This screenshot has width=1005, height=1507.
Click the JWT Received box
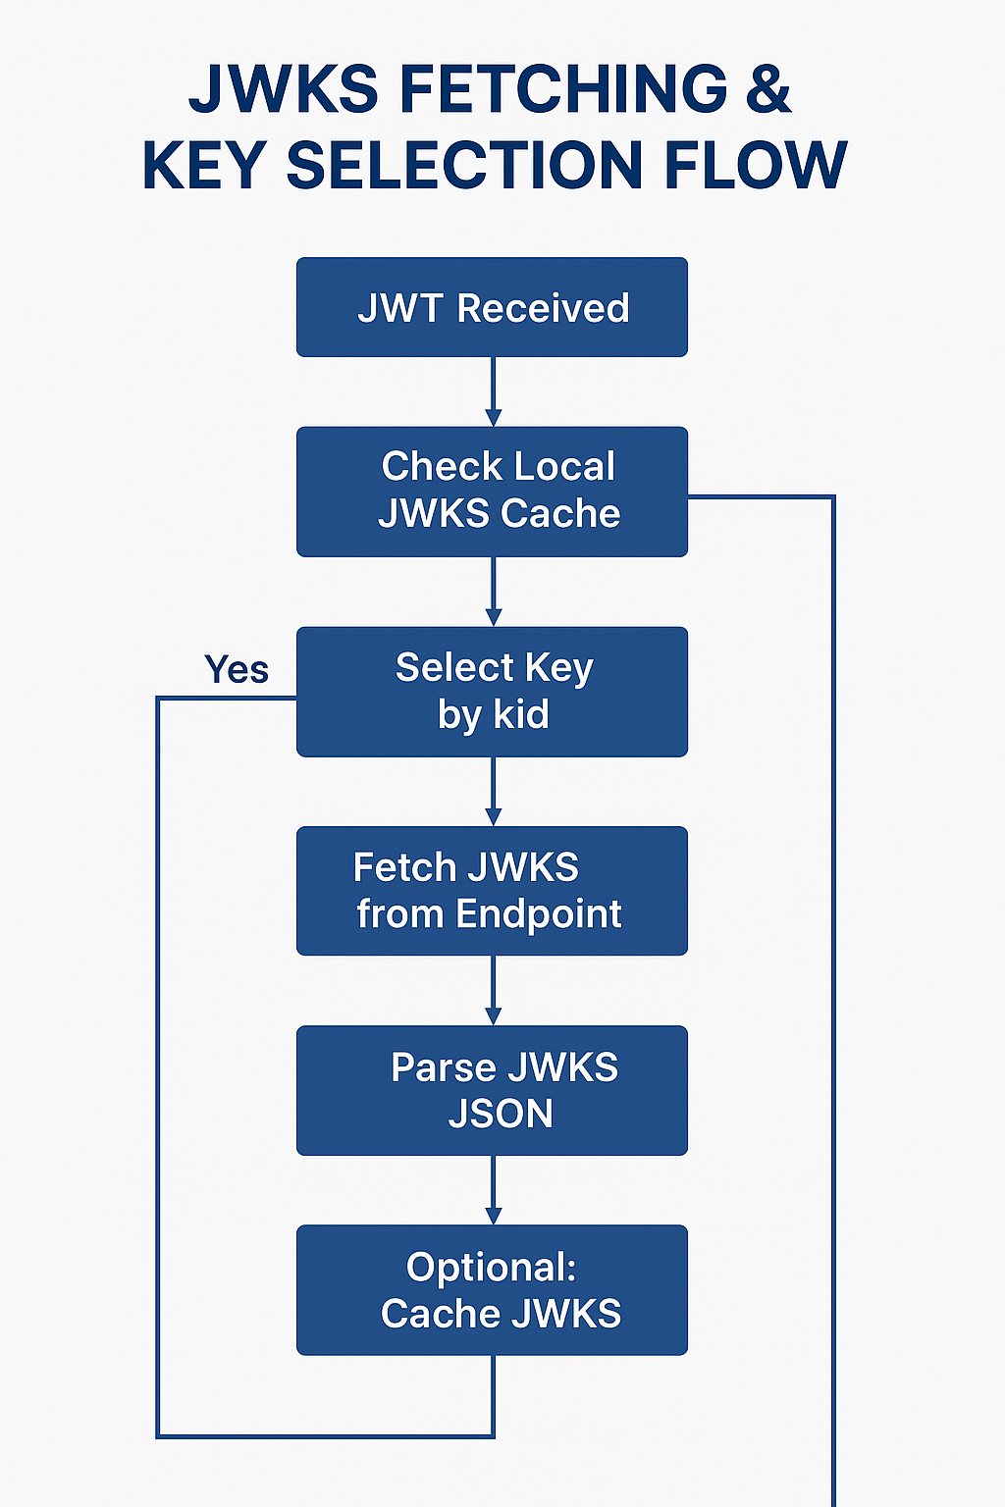492,307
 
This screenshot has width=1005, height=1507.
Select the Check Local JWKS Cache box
492,491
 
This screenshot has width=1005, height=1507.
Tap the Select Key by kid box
492,692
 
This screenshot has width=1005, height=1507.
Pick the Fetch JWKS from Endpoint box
492,891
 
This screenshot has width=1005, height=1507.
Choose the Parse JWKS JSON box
492,1090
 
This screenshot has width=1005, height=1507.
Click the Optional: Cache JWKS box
492,1289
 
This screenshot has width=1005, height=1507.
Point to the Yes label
237,670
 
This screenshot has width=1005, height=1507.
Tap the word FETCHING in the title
563,88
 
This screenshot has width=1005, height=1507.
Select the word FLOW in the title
755,165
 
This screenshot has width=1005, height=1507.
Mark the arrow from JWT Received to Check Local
493,391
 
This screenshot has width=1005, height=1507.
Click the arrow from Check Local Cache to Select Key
493,592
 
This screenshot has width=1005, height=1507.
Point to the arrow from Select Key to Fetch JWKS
493,792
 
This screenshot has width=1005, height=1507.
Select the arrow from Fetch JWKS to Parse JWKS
493,991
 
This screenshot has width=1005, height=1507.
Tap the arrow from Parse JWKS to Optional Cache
493,1190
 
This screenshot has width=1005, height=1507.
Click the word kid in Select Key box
521,714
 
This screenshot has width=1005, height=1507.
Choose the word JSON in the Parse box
501,1114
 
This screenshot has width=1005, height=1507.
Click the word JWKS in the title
283,88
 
